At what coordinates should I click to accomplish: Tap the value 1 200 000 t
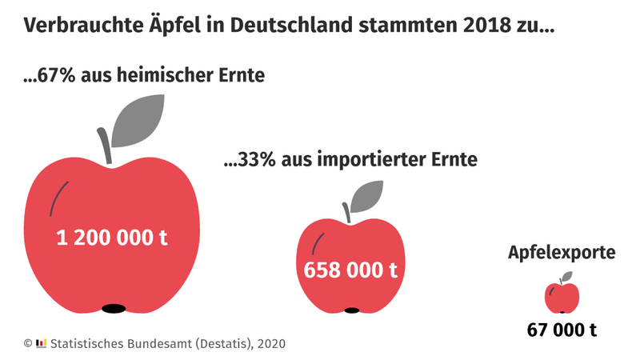(x=112, y=238)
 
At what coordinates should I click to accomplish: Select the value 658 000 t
(x=350, y=270)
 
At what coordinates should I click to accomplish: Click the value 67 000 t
(x=562, y=329)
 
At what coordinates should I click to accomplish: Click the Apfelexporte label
(x=562, y=254)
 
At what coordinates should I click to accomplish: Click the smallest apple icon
(x=562, y=297)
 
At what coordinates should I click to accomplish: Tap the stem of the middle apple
(x=347, y=210)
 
